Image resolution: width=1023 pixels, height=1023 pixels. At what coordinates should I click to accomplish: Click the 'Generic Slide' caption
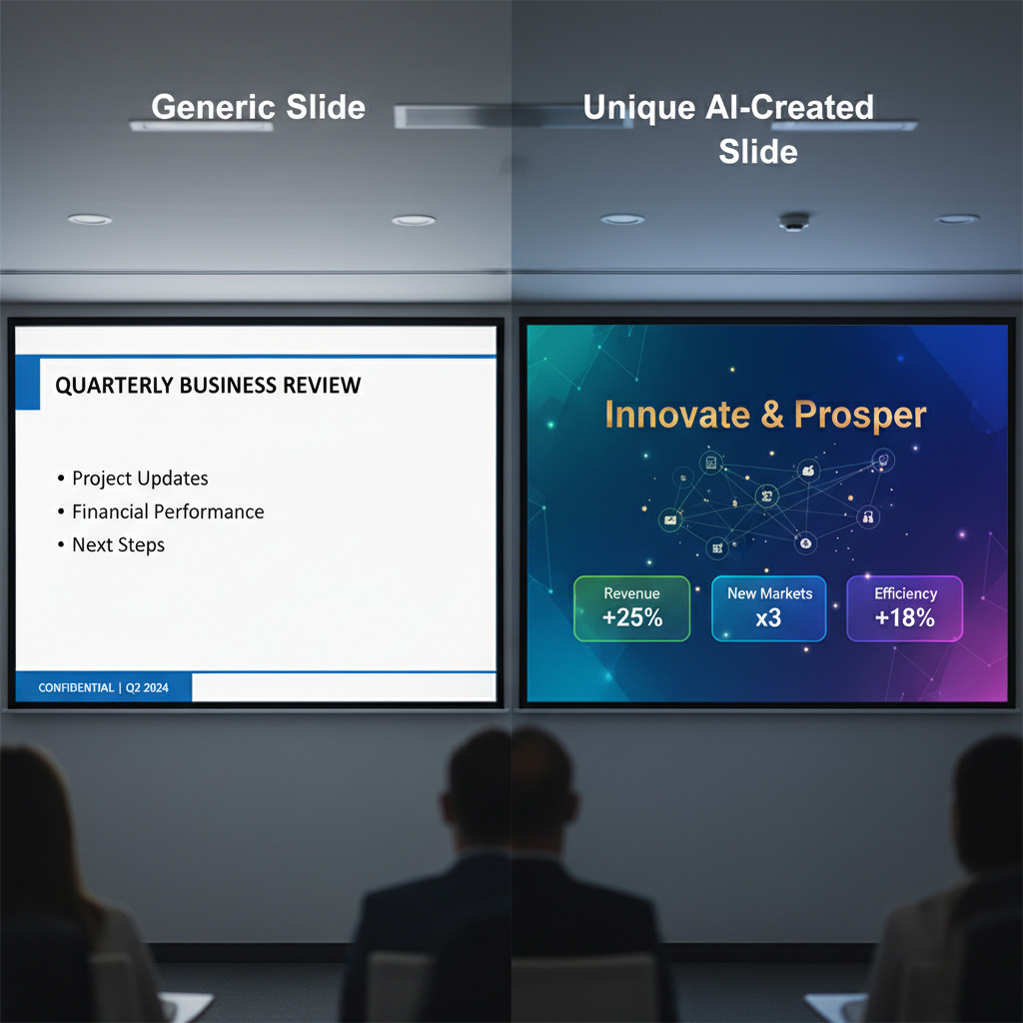pyautogui.click(x=258, y=107)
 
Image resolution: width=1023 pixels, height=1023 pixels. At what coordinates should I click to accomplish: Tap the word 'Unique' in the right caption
pyautogui.click(x=639, y=108)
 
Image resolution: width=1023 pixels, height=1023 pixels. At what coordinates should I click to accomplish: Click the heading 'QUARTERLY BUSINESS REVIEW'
pyautogui.click(x=208, y=386)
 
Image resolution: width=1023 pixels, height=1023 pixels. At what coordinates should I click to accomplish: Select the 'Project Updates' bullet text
pyautogui.click(x=140, y=479)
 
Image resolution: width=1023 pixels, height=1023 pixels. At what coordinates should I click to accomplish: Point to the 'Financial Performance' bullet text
pyautogui.click(x=168, y=511)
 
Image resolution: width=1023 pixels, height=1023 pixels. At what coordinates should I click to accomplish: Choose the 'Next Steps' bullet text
pyautogui.click(x=118, y=544)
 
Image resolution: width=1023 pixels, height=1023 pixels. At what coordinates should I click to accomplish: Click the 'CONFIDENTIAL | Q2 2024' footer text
pyautogui.click(x=103, y=687)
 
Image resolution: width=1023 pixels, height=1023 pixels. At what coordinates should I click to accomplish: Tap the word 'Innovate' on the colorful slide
pyautogui.click(x=677, y=415)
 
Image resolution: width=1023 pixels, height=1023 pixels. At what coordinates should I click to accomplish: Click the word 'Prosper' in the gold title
pyautogui.click(x=860, y=416)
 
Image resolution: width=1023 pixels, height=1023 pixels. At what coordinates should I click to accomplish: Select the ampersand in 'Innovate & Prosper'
pyautogui.click(x=772, y=415)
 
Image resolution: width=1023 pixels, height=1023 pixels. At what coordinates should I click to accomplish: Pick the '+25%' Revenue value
pyautogui.click(x=632, y=617)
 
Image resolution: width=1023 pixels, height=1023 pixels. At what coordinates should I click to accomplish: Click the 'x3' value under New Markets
pyautogui.click(x=768, y=617)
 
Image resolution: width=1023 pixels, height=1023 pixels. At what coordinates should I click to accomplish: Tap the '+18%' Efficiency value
pyautogui.click(x=904, y=617)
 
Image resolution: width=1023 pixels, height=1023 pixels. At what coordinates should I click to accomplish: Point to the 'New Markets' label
pyautogui.click(x=770, y=593)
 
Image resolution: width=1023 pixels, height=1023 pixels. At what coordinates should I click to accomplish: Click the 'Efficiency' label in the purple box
pyautogui.click(x=905, y=593)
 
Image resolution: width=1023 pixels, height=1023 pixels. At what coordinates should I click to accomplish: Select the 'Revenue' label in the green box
pyautogui.click(x=631, y=593)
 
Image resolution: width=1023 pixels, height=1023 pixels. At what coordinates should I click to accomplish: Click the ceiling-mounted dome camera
pyautogui.click(x=794, y=222)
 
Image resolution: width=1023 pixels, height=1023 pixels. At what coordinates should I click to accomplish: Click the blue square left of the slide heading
pyautogui.click(x=27, y=384)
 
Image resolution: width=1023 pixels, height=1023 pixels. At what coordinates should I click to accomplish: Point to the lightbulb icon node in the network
pyautogui.click(x=883, y=460)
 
